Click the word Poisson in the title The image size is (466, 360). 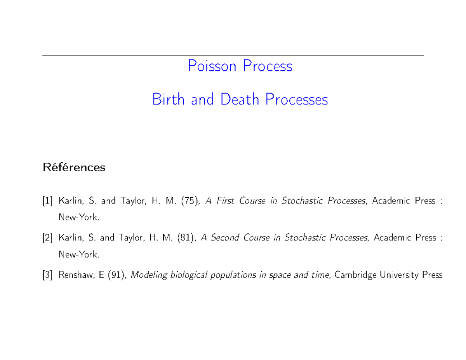coord(212,66)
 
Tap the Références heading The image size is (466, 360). coord(74,168)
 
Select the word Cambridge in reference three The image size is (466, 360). coord(355,275)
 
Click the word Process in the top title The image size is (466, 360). coord(268,66)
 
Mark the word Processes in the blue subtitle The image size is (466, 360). coord(297,99)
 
